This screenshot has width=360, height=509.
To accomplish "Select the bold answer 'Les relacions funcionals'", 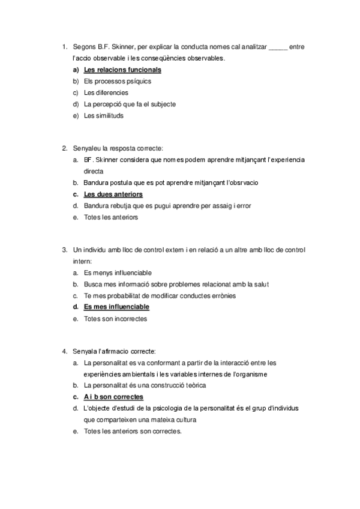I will coord(122,70).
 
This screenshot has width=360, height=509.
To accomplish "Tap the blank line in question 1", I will coord(278,47).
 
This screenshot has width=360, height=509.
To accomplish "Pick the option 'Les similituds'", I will coord(104,116).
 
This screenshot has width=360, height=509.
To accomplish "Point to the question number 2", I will coord(64,148).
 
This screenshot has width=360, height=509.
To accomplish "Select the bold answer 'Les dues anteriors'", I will coord(113,194).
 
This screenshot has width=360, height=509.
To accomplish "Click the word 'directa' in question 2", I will coord(94,171).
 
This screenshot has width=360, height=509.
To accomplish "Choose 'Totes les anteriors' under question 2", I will coord(111,217).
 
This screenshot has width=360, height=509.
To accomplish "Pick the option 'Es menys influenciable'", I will coord(118,273).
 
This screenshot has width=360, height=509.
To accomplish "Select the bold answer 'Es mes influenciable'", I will coord(116,307).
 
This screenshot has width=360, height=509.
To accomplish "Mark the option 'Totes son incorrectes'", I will coord(115,319).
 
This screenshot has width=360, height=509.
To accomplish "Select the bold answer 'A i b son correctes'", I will coord(113,397).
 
